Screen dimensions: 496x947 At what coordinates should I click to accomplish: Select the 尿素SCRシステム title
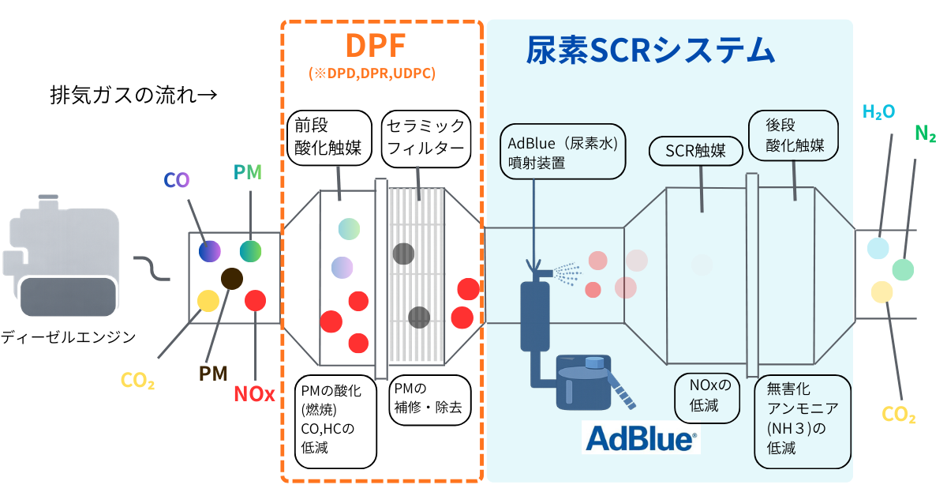click(649, 51)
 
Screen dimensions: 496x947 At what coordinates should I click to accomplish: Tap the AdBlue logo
click(641, 437)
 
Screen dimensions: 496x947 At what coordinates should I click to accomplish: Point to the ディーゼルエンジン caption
click(69, 337)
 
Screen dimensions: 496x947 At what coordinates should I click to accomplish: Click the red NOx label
click(254, 393)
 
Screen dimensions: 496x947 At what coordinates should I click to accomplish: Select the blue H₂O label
click(878, 112)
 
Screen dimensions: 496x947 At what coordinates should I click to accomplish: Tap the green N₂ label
click(925, 134)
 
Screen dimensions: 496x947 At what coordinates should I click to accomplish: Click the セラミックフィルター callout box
click(426, 137)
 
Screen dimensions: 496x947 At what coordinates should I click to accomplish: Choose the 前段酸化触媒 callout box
click(329, 137)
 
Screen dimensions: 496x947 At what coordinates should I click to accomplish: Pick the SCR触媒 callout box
click(695, 151)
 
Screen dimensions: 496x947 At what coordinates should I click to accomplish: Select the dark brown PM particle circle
click(232, 278)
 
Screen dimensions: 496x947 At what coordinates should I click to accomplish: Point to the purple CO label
click(177, 179)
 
